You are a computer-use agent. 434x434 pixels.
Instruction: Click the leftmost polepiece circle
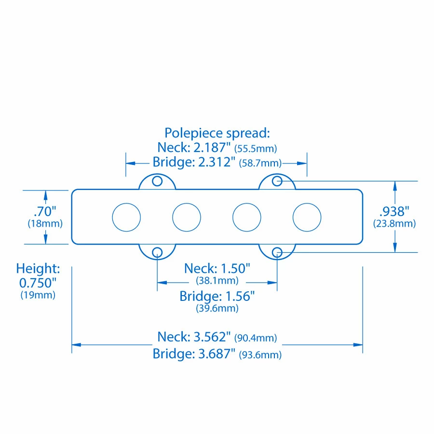[x=126, y=217]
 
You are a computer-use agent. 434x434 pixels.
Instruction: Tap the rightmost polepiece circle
[x=307, y=217]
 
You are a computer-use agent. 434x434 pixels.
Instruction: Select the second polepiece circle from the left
[x=187, y=217]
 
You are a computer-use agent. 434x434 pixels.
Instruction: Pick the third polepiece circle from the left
[x=247, y=217]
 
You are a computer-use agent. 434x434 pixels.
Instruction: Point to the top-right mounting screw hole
[x=277, y=181]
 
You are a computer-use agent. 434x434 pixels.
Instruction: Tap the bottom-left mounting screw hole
[x=157, y=252]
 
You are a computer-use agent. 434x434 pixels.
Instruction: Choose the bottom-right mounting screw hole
[x=277, y=252]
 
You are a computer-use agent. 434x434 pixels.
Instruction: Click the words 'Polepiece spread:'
[x=217, y=133]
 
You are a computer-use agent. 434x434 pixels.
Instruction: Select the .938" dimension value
[x=394, y=211]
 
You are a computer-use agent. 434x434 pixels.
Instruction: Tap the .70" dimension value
[x=45, y=211]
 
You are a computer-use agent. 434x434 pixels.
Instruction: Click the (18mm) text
[x=45, y=224]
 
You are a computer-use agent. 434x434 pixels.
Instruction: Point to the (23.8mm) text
[x=394, y=224]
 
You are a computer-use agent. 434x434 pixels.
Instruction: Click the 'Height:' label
[x=38, y=269]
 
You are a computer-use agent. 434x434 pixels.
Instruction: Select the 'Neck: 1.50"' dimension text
[x=217, y=269]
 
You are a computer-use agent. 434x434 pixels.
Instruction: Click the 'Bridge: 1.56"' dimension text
[x=217, y=296]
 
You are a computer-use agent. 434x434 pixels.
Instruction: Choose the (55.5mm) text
[x=256, y=148]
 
